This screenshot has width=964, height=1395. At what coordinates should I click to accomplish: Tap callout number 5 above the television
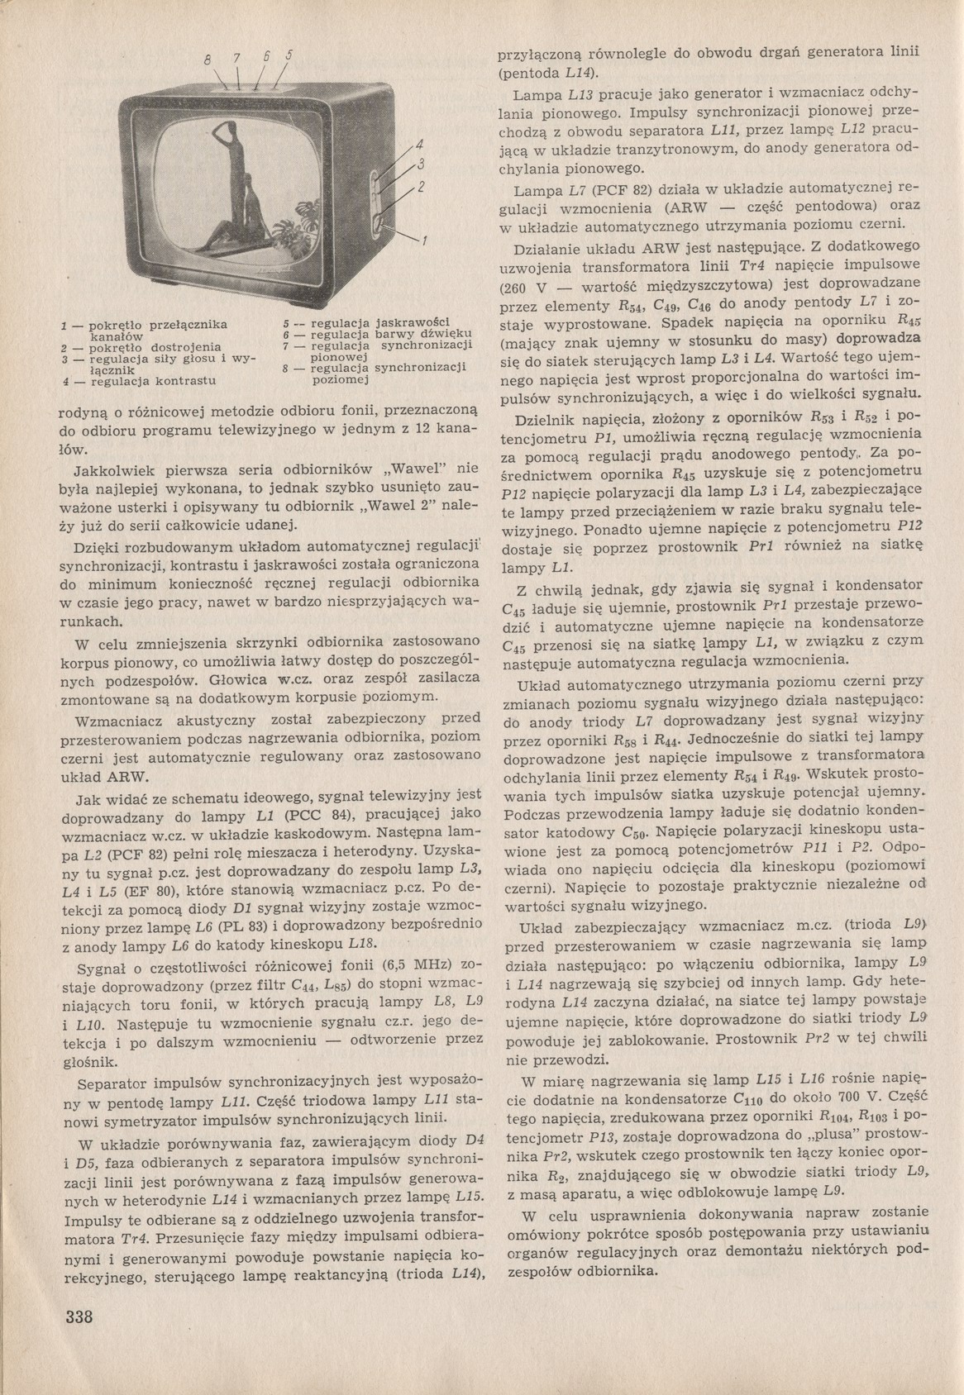(x=289, y=56)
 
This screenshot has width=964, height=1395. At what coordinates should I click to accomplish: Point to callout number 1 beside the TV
(x=425, y=242)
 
